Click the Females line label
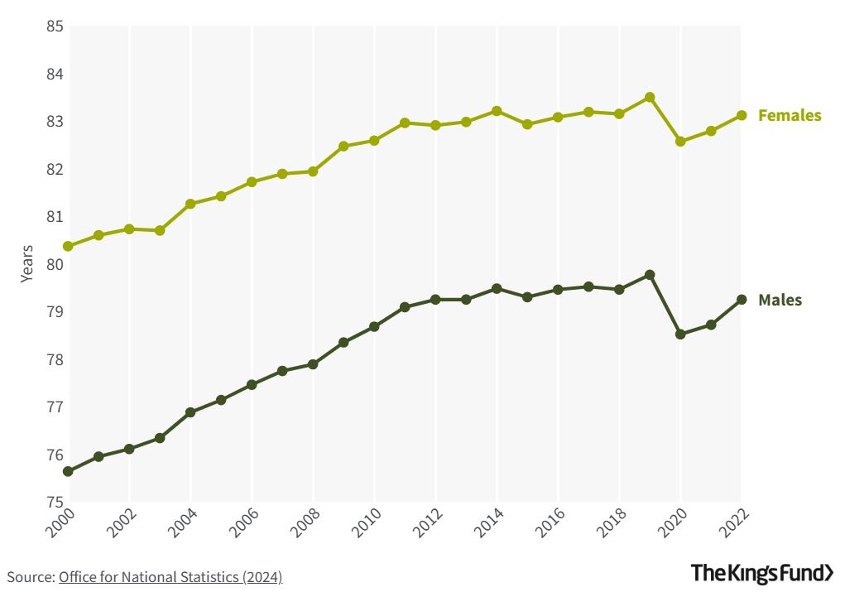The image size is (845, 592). [x=789, y=116]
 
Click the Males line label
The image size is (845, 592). [x=780, y=301]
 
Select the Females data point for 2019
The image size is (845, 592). [x=650, y=98]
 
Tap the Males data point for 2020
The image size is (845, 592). [x=680, y=335]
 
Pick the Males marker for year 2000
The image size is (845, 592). [x=68, y=471]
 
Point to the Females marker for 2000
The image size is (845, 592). [x=68, y=247]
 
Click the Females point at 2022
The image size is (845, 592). [x=742, y=116]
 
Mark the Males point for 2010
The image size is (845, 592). [x=374, y=327]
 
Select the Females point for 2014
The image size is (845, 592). [x=497, y=111]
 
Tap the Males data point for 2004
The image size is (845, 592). [x=190, y=412]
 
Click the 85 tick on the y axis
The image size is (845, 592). [x=55, y=26]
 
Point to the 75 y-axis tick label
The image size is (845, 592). [x=55, y=503]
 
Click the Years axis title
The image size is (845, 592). [x=27, y=264]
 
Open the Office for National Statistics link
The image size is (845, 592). [x=170, y=577]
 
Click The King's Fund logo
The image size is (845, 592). [x=762, y=573]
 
